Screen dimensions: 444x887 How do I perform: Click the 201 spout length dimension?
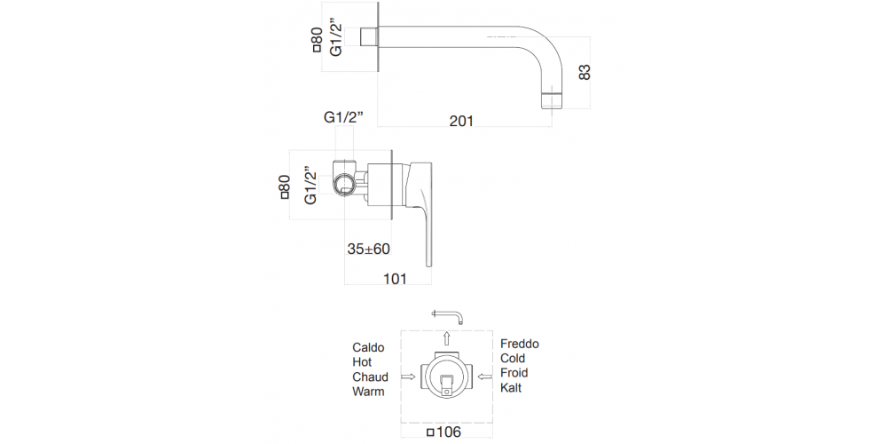461,121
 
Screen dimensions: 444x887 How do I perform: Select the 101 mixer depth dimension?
394,279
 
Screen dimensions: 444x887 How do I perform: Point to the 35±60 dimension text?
369,250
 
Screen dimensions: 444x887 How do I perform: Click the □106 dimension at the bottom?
446,433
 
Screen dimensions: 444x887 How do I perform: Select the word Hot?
362,362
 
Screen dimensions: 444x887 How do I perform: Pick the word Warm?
368,391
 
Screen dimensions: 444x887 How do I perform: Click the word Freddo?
520,344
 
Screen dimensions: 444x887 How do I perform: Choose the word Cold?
514,358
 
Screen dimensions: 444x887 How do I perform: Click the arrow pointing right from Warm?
408,377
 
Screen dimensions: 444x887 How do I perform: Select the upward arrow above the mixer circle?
447,337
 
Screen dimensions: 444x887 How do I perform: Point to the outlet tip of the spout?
552,100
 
